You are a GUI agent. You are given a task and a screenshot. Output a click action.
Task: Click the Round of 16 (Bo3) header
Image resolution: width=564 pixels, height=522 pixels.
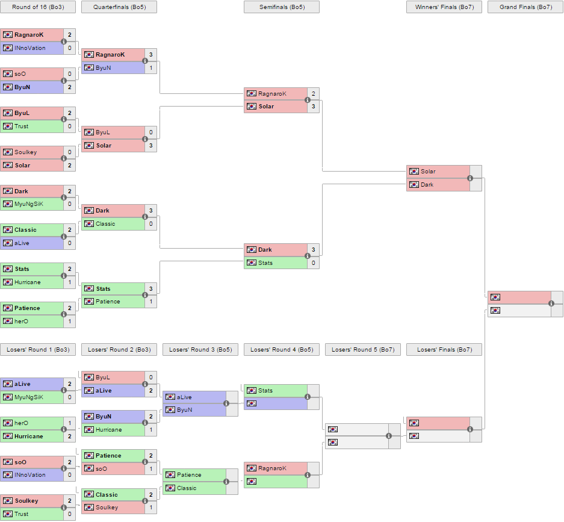click(38, 7)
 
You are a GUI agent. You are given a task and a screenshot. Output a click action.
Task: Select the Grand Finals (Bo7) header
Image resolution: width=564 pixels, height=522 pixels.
click(525, 7)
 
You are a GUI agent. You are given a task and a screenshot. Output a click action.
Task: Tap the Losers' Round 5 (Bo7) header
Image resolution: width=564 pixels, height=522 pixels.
click(363, 350)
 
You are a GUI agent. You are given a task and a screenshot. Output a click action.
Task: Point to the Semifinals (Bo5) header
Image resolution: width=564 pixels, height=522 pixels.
click(281, 7)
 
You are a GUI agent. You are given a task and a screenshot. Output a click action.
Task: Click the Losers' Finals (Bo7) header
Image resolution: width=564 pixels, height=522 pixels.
click(444, 350)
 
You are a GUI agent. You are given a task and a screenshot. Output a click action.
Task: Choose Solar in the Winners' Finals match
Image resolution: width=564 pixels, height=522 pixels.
click(428, 172)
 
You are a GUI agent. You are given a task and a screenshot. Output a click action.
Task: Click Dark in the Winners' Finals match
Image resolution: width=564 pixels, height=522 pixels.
click(427, 185)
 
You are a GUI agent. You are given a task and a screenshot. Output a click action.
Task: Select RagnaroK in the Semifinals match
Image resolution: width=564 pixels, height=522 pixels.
click(272, 94)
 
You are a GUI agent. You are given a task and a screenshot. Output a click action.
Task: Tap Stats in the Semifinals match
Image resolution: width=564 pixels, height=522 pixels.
click(265, 263)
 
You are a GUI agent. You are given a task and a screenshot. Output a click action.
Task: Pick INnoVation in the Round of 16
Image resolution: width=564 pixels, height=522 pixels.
click(29, 48)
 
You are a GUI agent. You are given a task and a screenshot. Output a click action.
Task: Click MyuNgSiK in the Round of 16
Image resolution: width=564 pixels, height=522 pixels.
click(29, 204)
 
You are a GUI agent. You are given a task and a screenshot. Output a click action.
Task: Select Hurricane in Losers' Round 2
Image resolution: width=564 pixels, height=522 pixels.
click(108, 430)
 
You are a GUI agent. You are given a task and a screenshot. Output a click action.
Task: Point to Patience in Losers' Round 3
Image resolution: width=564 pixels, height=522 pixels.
click(189, 475)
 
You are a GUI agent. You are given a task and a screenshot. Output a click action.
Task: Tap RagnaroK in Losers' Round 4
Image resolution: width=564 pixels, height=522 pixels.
click(272, 468)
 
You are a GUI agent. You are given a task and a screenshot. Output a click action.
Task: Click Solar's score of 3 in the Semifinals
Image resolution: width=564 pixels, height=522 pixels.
click(313, 107)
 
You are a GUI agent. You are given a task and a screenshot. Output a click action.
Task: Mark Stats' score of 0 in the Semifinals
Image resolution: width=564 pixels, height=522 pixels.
click(313, 263)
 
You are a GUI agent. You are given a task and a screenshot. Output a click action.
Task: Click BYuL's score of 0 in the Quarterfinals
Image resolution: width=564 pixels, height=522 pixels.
click(150, 132)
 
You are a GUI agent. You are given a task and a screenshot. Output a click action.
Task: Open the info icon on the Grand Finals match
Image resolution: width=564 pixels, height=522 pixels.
click(551, 304)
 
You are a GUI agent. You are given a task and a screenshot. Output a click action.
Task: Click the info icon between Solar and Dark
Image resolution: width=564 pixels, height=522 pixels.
click(470, 178)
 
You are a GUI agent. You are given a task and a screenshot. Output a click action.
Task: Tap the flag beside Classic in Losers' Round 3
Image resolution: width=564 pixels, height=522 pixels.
click(170, 488)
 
